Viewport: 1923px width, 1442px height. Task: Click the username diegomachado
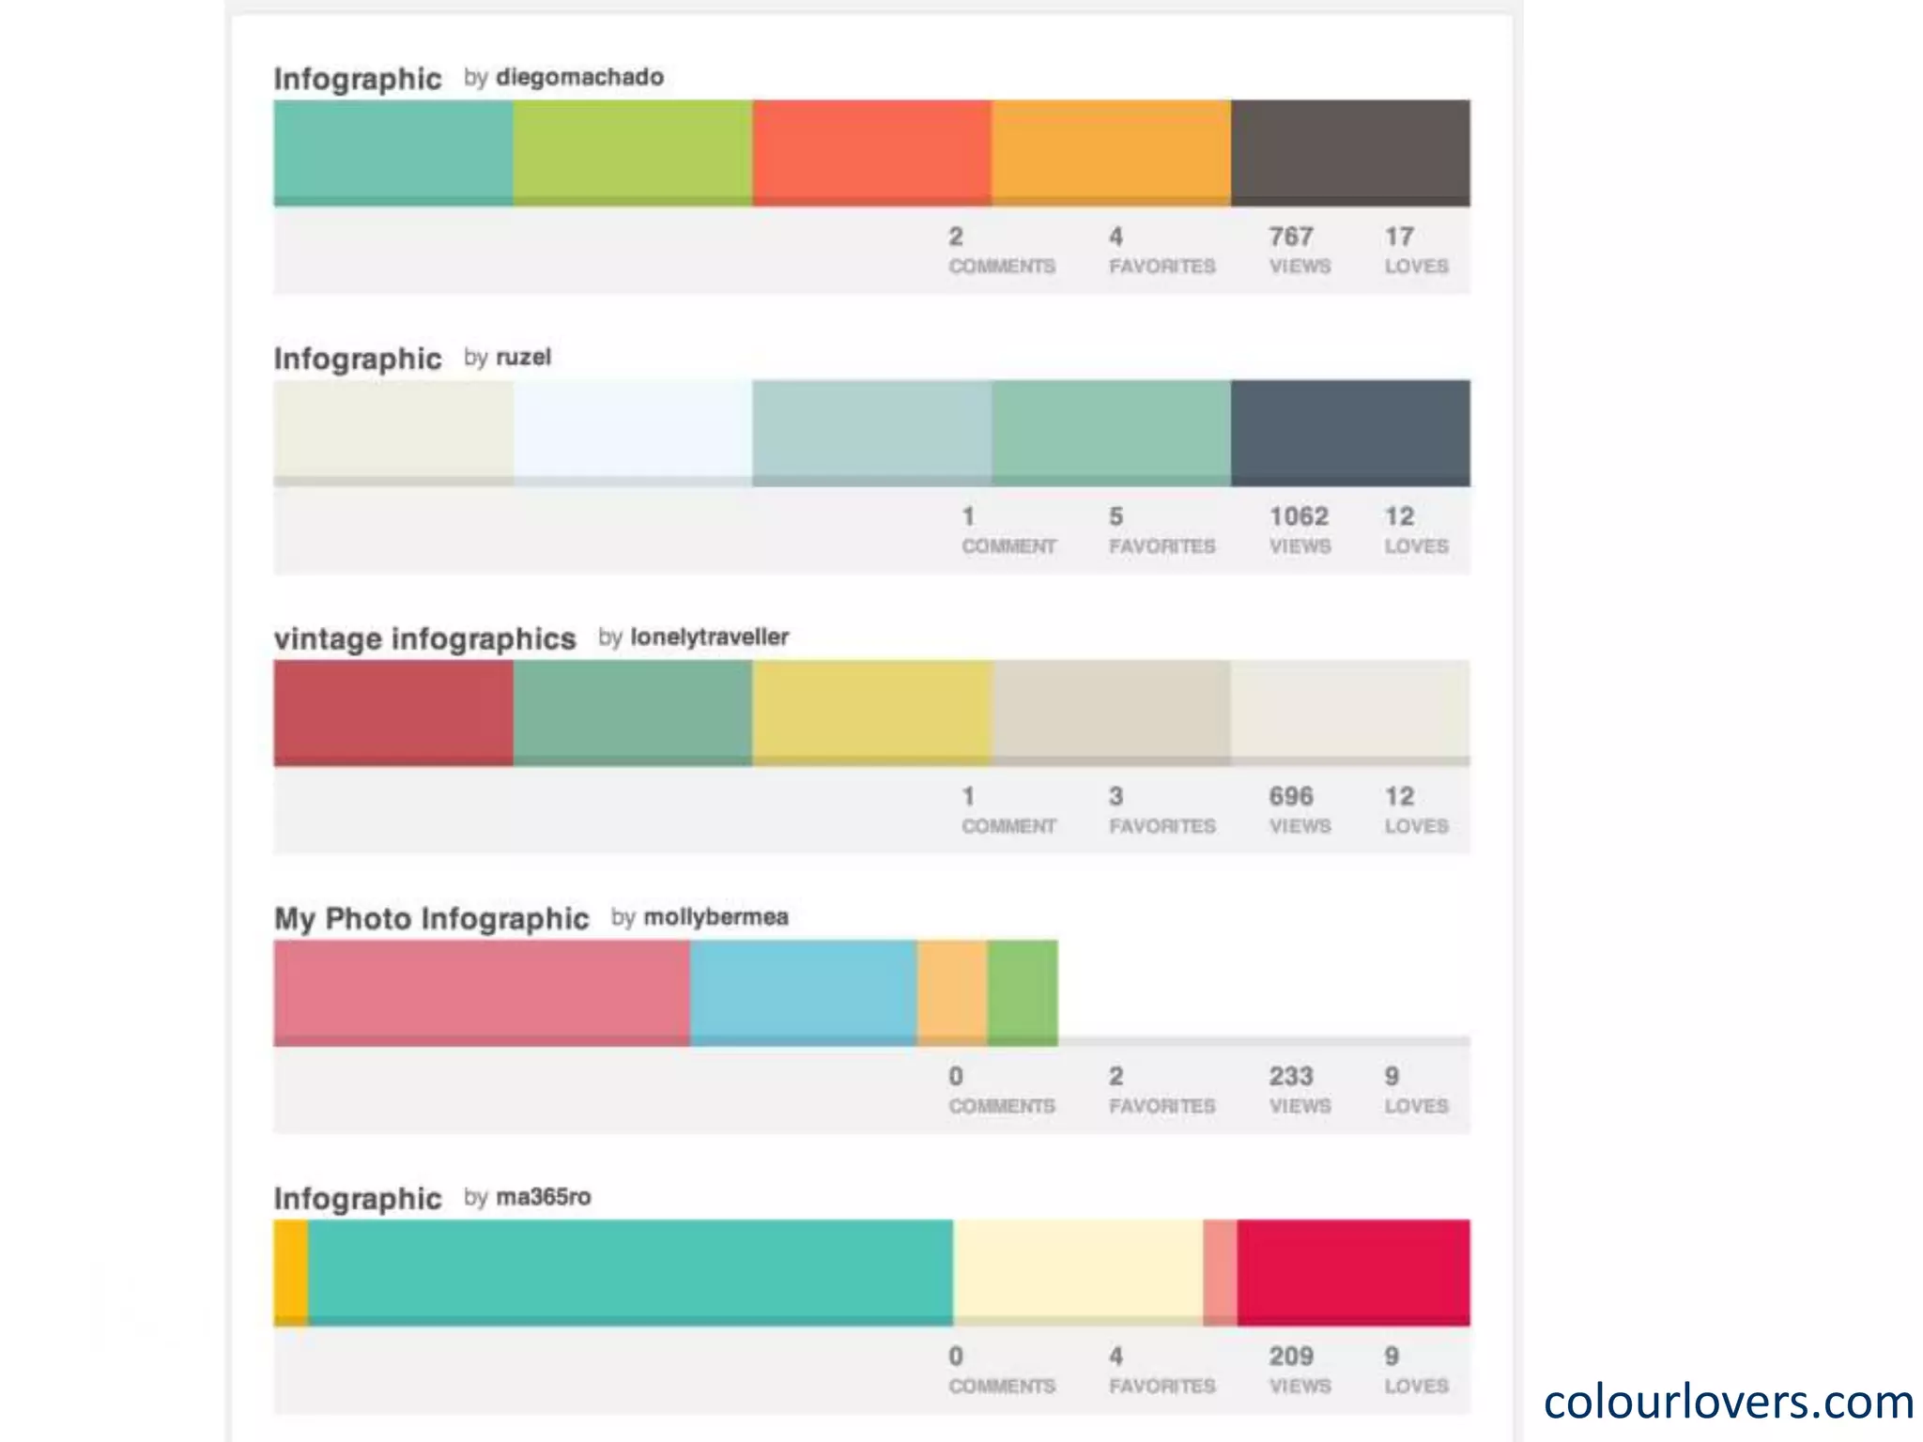click(x=579, y=77)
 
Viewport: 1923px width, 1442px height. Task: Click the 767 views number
click(x=1291, y=237)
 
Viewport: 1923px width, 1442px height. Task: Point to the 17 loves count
click(x=1399, y=237)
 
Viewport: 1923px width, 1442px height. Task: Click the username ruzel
click(x=523, y=358)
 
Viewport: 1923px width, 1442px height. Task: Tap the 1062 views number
click(x=1299, y=516)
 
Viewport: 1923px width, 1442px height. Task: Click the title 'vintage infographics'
click(x=424, y=638)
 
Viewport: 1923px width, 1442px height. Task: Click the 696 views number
click(x=1291, y=796)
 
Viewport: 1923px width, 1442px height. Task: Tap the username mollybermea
click(x=715, y=917)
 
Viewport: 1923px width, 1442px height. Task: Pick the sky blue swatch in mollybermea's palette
click(x=803, y=991)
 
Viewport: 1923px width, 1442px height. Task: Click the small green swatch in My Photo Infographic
click(x=1023, y=991)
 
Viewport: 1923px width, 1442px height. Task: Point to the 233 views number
click(x=1291, y=1076)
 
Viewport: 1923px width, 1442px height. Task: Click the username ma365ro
click(x=543, y=1197)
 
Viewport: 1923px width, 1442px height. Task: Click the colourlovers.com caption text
click(x=1728, y=1402)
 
